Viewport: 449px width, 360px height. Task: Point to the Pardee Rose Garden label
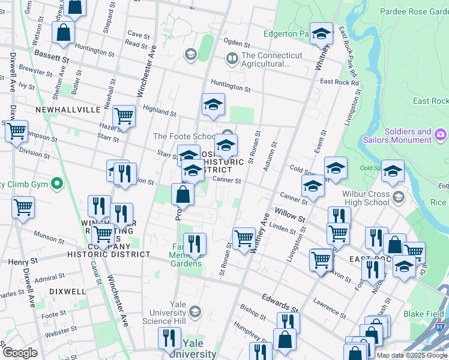414,11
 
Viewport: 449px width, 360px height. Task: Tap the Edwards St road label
280,302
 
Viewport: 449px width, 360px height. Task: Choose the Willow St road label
290,213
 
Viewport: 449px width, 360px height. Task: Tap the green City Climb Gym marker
57,183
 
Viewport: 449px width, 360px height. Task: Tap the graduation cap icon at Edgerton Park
322,33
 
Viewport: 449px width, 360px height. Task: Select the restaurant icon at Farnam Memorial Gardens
194,243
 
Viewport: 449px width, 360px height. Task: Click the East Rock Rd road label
339,82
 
